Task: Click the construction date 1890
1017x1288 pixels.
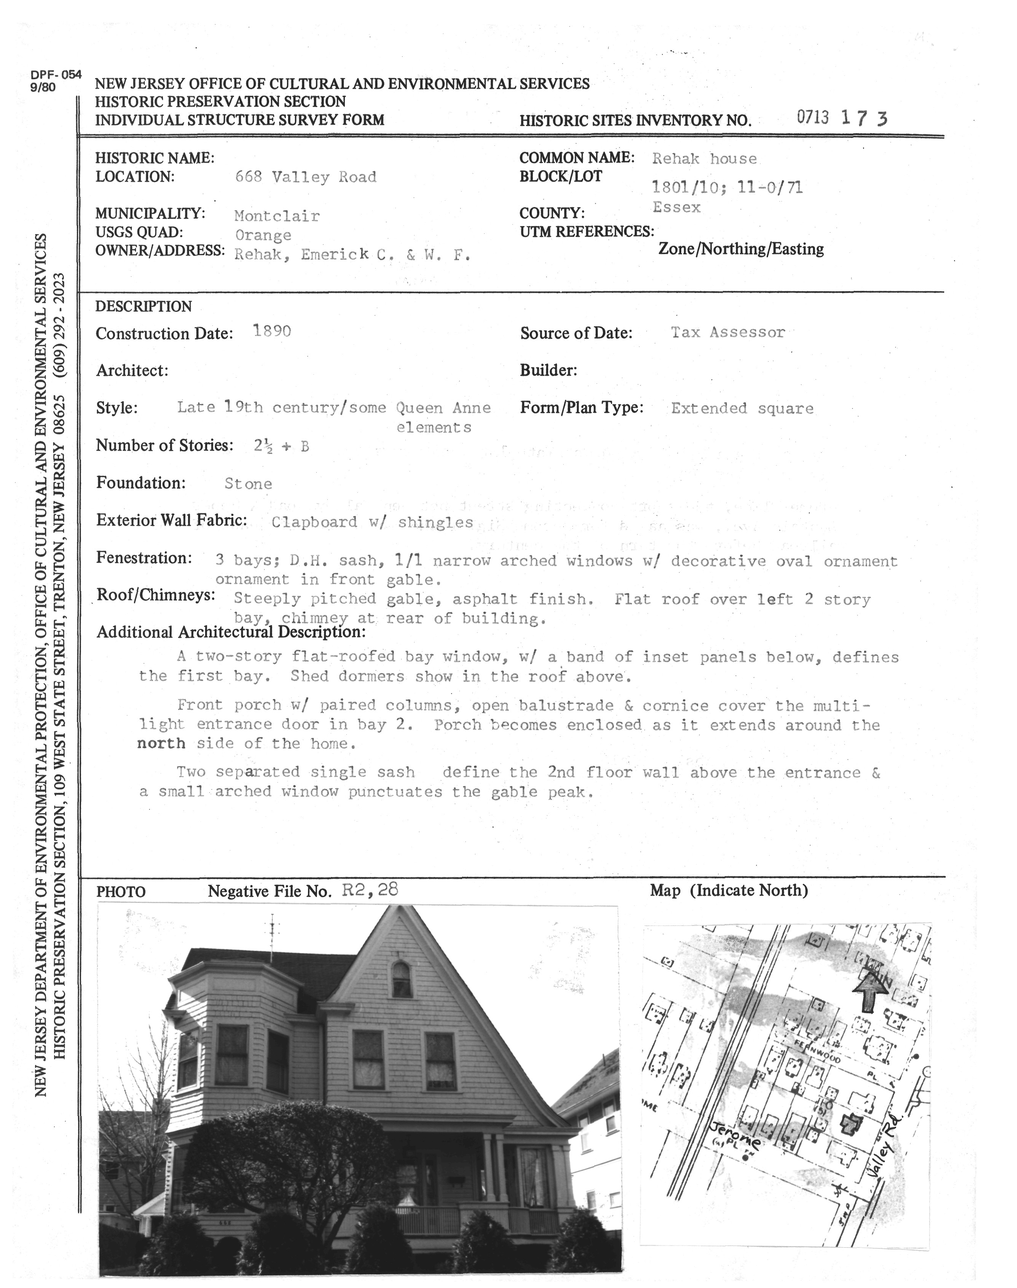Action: click(x=272, y=331)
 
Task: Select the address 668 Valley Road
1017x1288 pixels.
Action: click(x=306, y=177)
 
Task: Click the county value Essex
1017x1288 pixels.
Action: click(x=676, y=207)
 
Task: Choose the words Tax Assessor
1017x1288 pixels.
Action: click(x=728, y=332)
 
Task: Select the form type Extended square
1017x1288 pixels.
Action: click(x=742, y=409)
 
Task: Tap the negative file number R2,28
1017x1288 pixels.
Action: click(x=370, y=890)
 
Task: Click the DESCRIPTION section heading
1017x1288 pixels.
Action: click(x=143, y=306)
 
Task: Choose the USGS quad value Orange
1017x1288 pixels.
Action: click(x=263, y=235)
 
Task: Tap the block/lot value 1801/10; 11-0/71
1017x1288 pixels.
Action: click(x=727, y=188)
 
